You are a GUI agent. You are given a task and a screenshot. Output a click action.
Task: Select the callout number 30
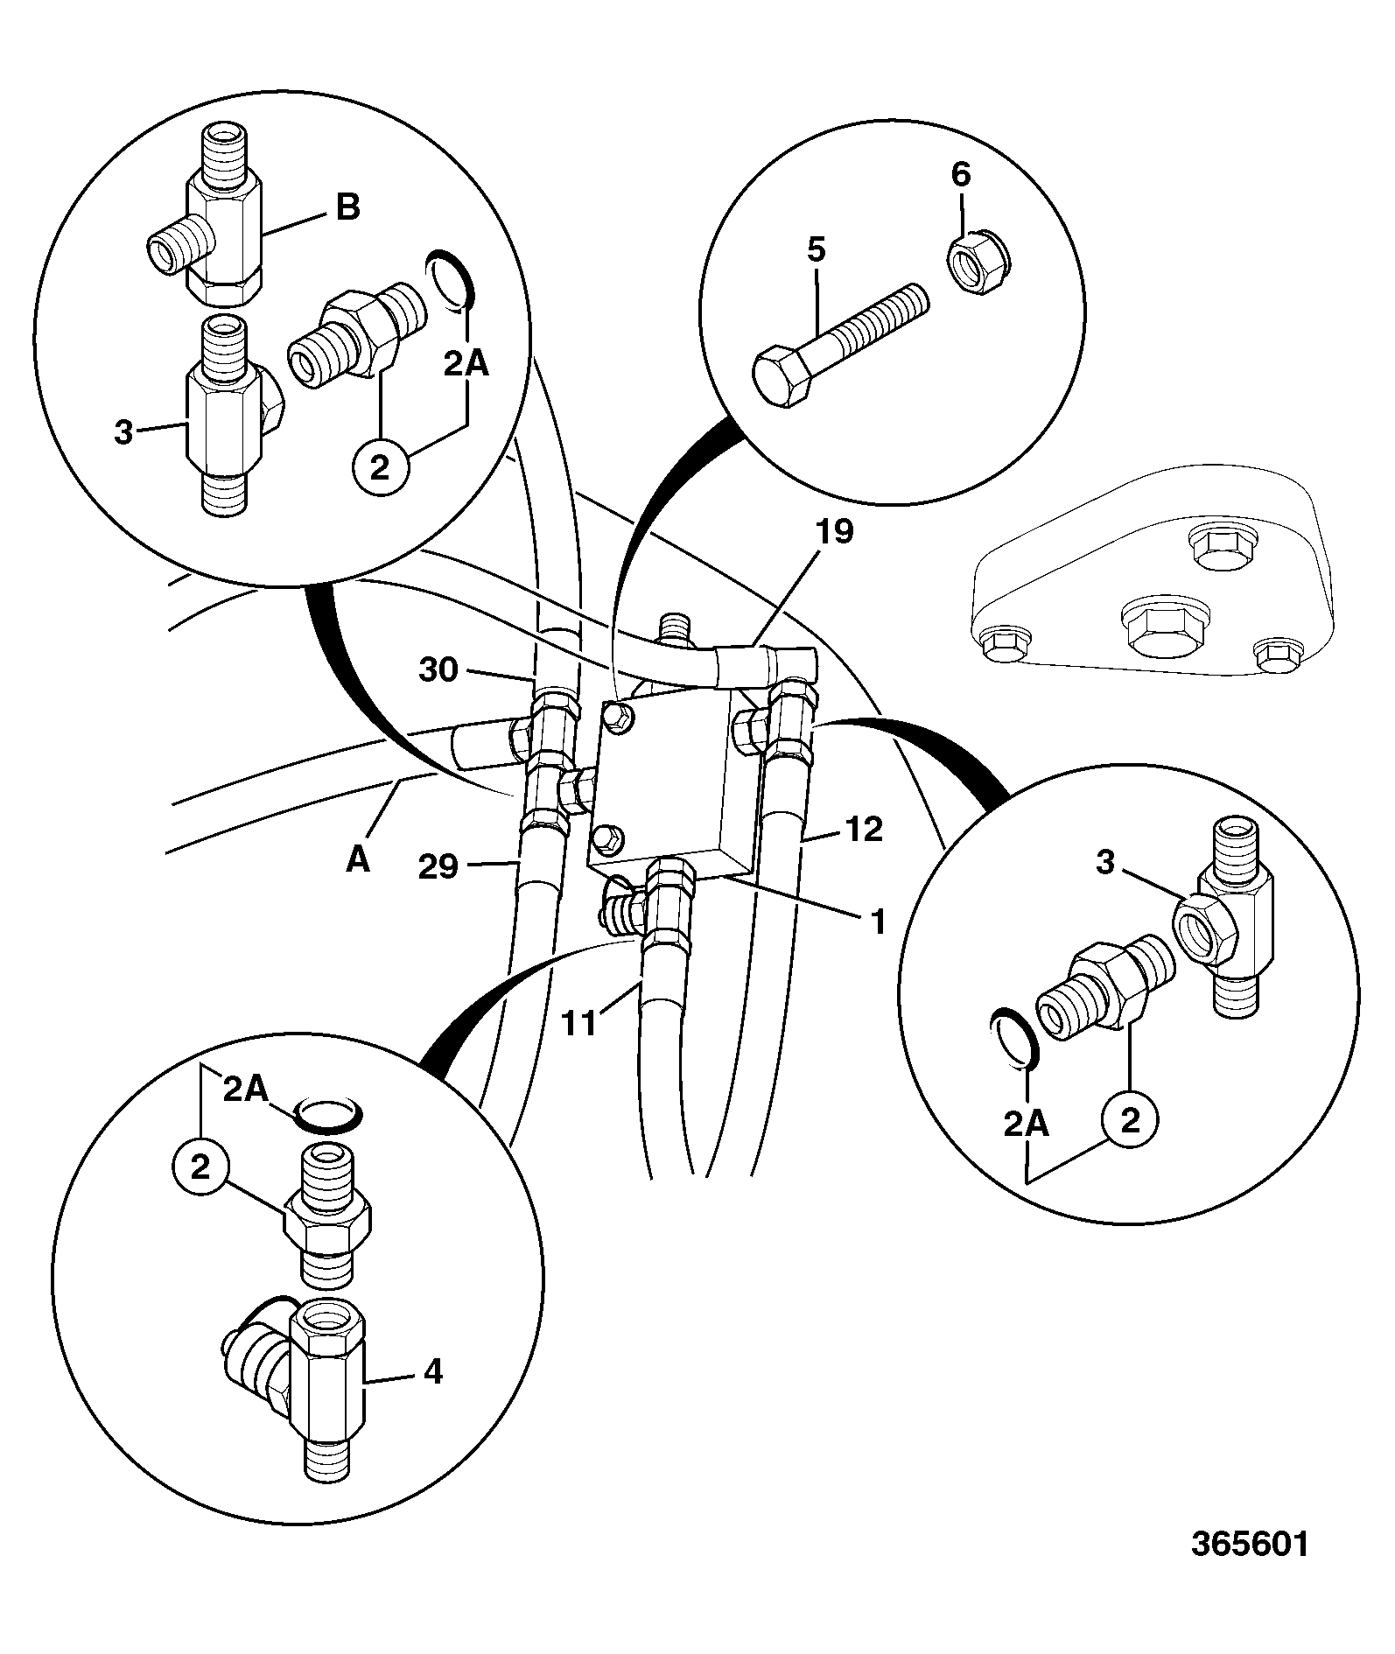[438, 670]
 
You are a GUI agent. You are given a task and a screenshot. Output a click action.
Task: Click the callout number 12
[865, 830]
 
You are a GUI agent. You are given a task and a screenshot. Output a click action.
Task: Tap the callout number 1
[878, 921]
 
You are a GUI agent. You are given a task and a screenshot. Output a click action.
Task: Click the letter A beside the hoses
[358, 859]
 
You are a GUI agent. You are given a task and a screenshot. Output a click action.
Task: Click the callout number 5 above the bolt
[815, 250]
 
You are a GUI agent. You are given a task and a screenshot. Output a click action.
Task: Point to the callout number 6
[961, 175]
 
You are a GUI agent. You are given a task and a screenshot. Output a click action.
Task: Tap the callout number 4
[433, 1370]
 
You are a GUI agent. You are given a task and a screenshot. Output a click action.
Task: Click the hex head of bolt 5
[782, 377]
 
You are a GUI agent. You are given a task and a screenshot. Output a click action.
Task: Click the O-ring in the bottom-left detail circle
[326, 1116]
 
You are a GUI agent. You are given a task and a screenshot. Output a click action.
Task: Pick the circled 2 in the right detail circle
[1130, 1120]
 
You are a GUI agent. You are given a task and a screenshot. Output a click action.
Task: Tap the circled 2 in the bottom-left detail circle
[200, 1168]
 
